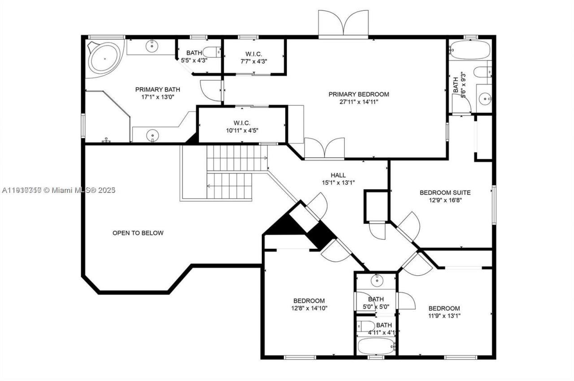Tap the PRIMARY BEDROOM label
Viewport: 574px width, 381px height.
pos(359,94)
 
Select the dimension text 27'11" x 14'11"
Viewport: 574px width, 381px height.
pos(359,102)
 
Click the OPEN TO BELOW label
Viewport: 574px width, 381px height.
pos(138,233)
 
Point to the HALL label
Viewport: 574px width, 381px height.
pos(338,175)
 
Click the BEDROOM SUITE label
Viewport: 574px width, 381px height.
pos(445,193)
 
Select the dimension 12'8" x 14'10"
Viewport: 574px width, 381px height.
pos(309,308)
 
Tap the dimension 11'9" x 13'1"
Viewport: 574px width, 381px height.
pos(444,316)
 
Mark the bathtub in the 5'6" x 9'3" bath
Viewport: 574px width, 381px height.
pos(470,50)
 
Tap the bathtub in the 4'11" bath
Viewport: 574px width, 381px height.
pos(376,346)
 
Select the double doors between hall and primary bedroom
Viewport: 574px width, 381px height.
pos(324,150)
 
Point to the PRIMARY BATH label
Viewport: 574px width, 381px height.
pos(153,90)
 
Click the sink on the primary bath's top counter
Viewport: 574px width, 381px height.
pos(153,45)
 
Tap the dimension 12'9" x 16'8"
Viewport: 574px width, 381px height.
pos(445,200)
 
